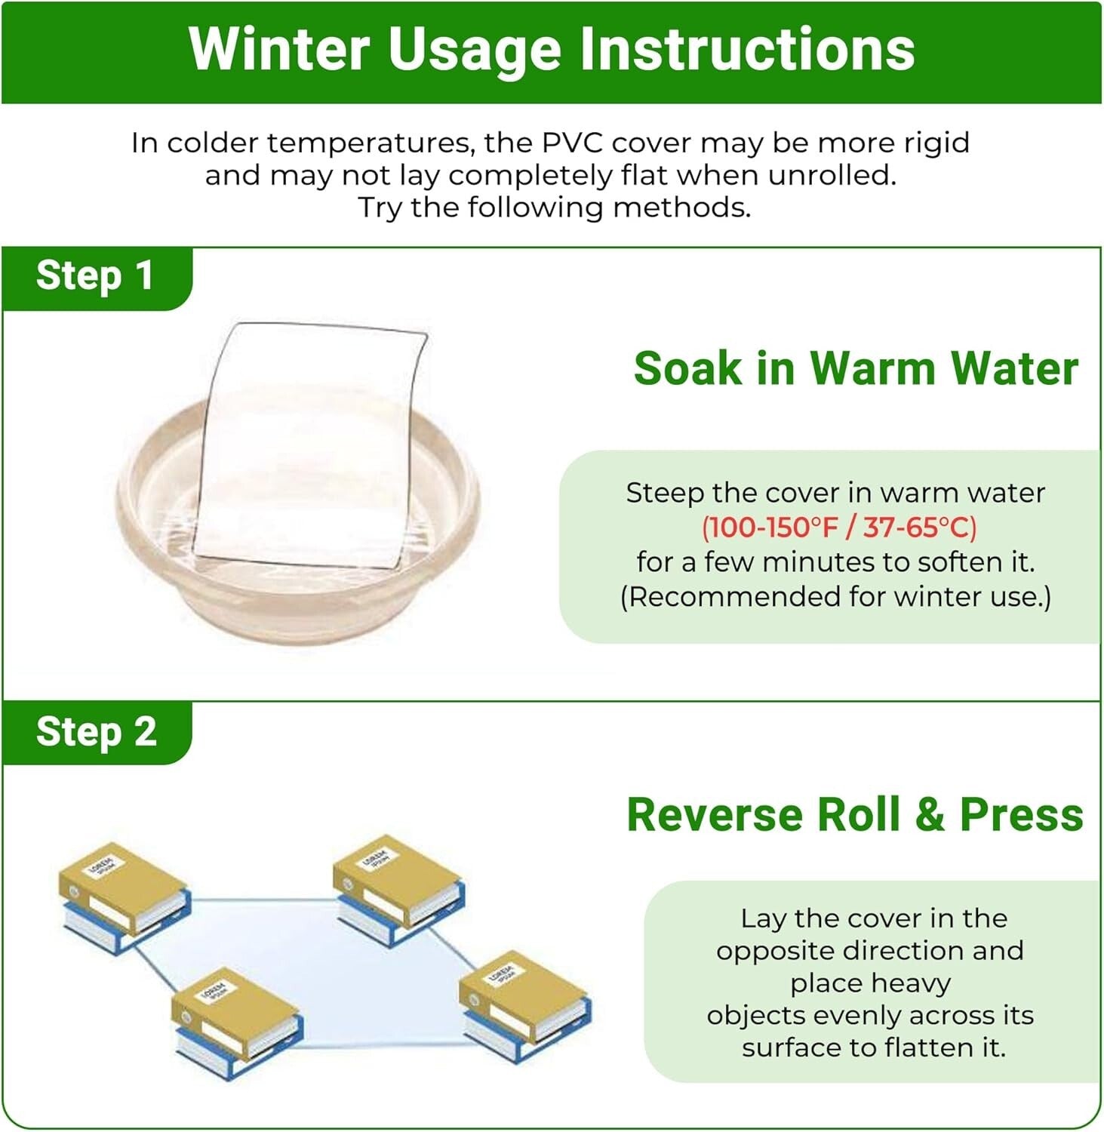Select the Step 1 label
point(95,275)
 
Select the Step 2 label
point(97,732)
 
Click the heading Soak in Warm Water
point(856,368)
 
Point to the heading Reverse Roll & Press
point(855,815)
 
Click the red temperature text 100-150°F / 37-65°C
point(839,527)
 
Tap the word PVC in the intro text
point(574,143)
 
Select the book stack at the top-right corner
point(398,889)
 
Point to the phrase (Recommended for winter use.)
point(835,596)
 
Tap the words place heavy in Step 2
point(870,983)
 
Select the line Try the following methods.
point(555,207)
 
